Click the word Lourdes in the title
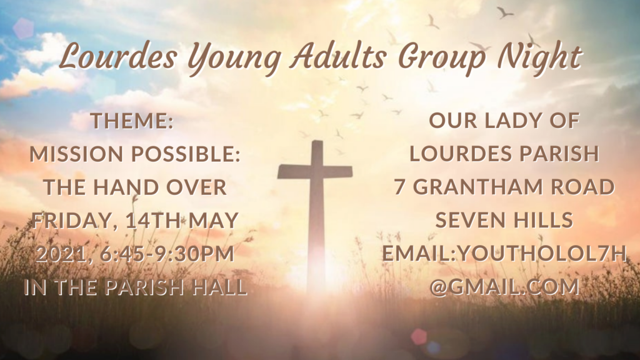(x=118, y=57)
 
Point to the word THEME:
(x=132, y=121)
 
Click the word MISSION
(x=77, y=154)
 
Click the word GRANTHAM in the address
(x=479, y=187)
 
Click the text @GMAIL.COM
(x=504, y=286)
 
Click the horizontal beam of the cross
(x=315, y=172)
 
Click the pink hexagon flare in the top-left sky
(x=23, y=28)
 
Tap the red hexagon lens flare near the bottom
(x=419, y=336)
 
